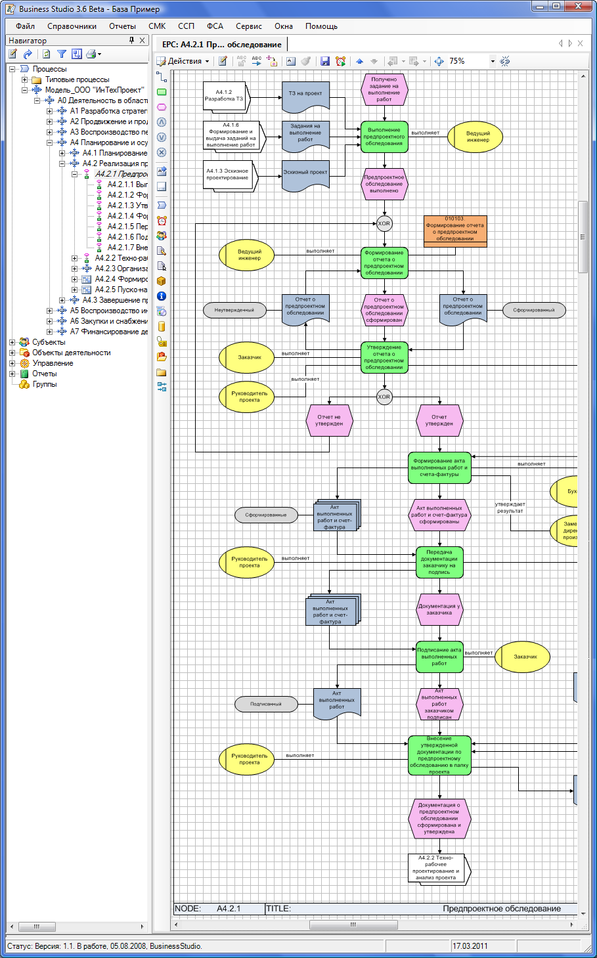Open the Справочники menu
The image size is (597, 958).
[x=72, y=26]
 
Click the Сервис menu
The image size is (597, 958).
[x=249, y=26]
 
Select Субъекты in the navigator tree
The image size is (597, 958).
[x=49, y=342]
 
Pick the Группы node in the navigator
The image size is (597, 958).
[x=45, y=384]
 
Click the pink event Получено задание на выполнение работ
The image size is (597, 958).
[x=384, y=89]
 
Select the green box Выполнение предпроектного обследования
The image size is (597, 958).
[x=384, y=137]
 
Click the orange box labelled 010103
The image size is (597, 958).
[x=455, y=230]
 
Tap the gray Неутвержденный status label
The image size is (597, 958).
[x=234, y=310]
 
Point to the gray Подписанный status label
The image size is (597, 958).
[x=266, y=704]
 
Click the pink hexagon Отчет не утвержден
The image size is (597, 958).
[x=329, y=420]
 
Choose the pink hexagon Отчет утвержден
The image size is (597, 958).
[x=439, y=420]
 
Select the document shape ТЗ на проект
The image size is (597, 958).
[x=305, y=95]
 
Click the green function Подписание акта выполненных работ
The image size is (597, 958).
[x=439, y=657]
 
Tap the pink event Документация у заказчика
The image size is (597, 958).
[x=439, y=609]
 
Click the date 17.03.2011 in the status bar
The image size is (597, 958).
[x=470, y=946]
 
